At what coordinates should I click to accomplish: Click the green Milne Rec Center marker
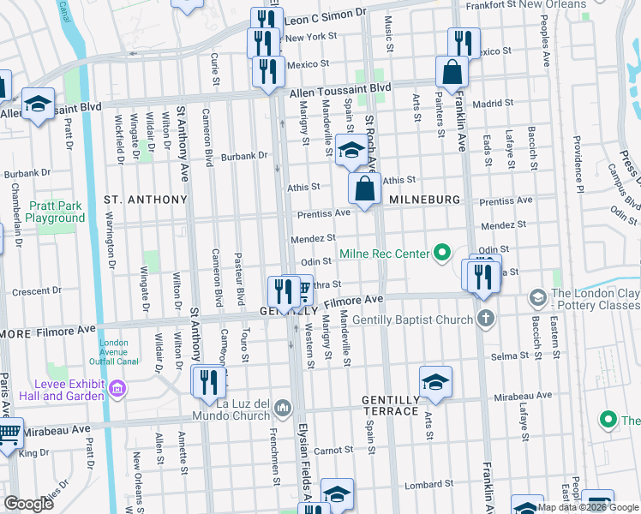coord(441,253)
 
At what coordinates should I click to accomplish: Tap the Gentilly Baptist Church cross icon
coord(486,320)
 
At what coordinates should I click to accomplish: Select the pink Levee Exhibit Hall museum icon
coord(117,390)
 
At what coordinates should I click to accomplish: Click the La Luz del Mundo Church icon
coord(284,404)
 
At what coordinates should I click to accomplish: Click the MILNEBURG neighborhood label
coord(425,199)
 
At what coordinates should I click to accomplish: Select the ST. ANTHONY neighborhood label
coord(145,200)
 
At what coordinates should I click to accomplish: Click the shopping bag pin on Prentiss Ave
coord(365,188)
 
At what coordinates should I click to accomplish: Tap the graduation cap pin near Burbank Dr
coord(350,150)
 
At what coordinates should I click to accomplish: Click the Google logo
coord(28,504)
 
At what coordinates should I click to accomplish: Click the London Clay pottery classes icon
coord(537,298)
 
